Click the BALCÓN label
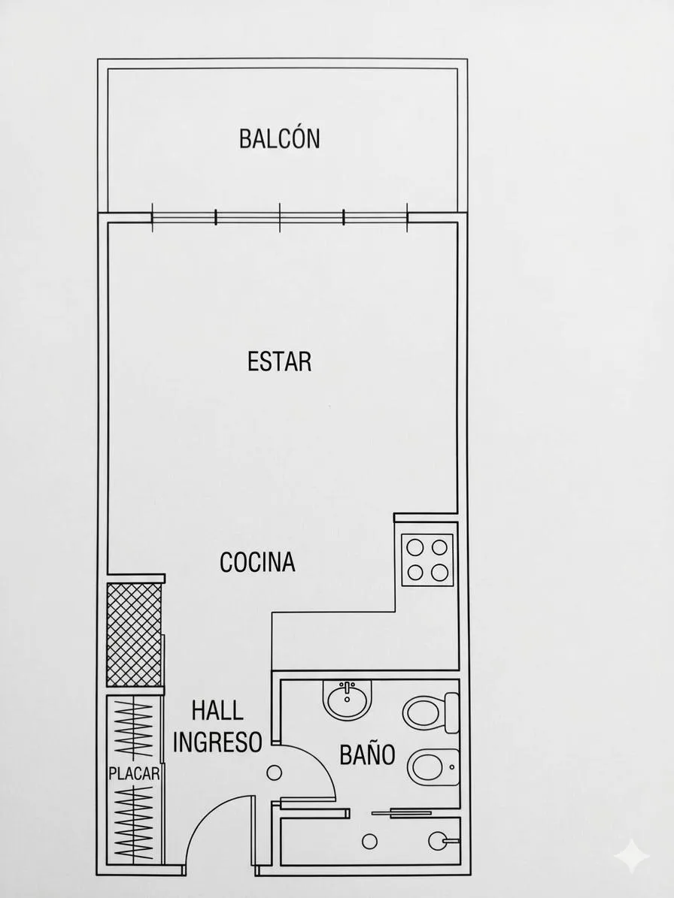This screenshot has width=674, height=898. [x=280, y=138]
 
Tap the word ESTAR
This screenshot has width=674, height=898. [x=280, y=362]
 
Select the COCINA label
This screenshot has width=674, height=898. [x=257, y=562]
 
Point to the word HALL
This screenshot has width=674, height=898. [x=217, y=711]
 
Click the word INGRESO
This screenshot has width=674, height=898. [x=217, y=742]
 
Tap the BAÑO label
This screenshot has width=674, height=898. [x=367, y=754]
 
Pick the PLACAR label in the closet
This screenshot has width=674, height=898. [x=134, y=774]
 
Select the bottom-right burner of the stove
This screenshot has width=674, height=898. [x=439, y=572]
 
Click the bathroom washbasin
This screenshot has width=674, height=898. [x=348, y=700]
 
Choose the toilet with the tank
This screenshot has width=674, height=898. [x=431, y=713]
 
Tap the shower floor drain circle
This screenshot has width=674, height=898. [x=370, y=842]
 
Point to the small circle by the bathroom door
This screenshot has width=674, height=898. [x=275, y=773]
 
